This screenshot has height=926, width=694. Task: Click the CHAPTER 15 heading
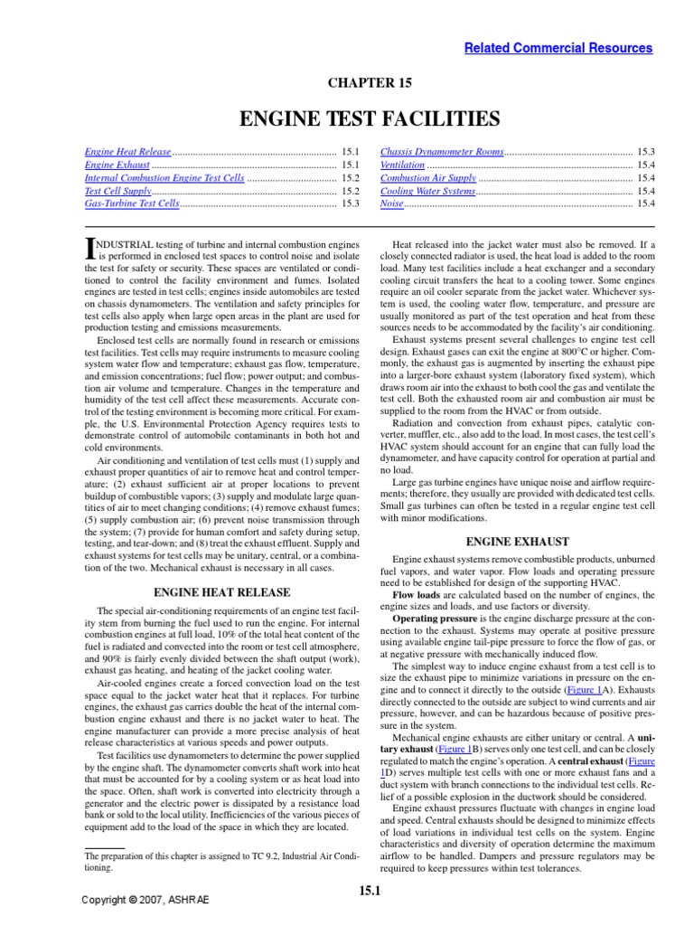tap(370, 83)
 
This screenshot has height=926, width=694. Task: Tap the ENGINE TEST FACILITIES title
tap(369, 118)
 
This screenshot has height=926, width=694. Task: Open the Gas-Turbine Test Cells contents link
tap(132, 204)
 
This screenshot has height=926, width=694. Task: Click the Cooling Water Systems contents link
tap(427, 192)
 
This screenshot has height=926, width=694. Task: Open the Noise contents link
tap(392, 204)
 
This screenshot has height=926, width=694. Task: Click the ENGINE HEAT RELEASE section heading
tap(222, 592)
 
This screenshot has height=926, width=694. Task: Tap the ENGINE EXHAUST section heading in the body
tap(517, 542)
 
